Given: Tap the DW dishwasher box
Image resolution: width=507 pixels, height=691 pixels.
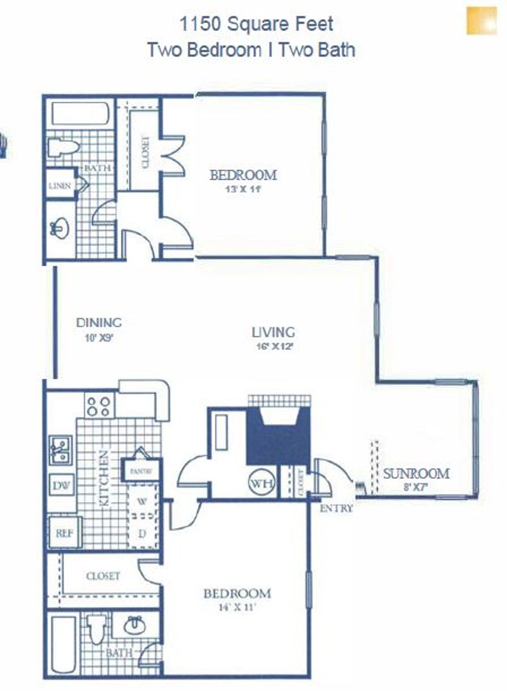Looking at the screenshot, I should [62, 486].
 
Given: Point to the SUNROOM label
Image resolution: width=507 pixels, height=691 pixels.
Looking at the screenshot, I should [416, 474].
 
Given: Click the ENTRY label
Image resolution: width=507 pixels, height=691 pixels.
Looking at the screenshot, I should [336, 508].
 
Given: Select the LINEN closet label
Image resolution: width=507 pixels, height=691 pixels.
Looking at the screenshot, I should [60, 186].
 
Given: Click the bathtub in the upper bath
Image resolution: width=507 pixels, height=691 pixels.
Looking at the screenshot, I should [80, 114].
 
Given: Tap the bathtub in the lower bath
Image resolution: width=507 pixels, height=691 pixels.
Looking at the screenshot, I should [63, 644].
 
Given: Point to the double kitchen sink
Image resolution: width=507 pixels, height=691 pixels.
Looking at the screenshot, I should [60, 450].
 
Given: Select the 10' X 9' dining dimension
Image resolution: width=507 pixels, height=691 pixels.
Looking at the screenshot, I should [99, 338].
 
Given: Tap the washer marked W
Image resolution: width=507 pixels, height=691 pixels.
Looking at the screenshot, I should [142, 501].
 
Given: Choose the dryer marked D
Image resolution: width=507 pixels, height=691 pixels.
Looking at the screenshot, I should [142, 533].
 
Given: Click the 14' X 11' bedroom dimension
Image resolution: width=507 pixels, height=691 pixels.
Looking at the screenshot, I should [237, 608].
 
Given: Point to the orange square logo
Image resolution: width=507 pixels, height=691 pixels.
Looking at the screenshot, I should [481, 21].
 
